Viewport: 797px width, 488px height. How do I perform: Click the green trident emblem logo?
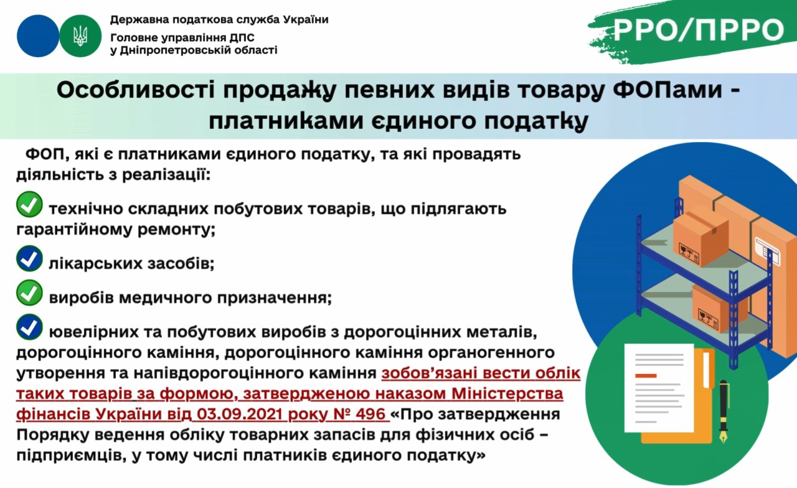[80, 36]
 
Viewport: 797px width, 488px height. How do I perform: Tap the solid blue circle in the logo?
[38, 36]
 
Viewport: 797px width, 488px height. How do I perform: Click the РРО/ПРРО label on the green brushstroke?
[699, 30]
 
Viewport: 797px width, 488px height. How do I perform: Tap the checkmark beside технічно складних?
[29, 204]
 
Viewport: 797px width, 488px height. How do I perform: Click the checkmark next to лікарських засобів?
[29, 258]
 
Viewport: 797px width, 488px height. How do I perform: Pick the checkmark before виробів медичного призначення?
[29, 293]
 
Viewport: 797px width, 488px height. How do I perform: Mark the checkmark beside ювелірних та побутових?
[29, 327]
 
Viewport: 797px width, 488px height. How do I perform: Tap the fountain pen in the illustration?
[724, 411]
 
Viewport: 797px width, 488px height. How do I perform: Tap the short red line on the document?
[646, 375]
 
